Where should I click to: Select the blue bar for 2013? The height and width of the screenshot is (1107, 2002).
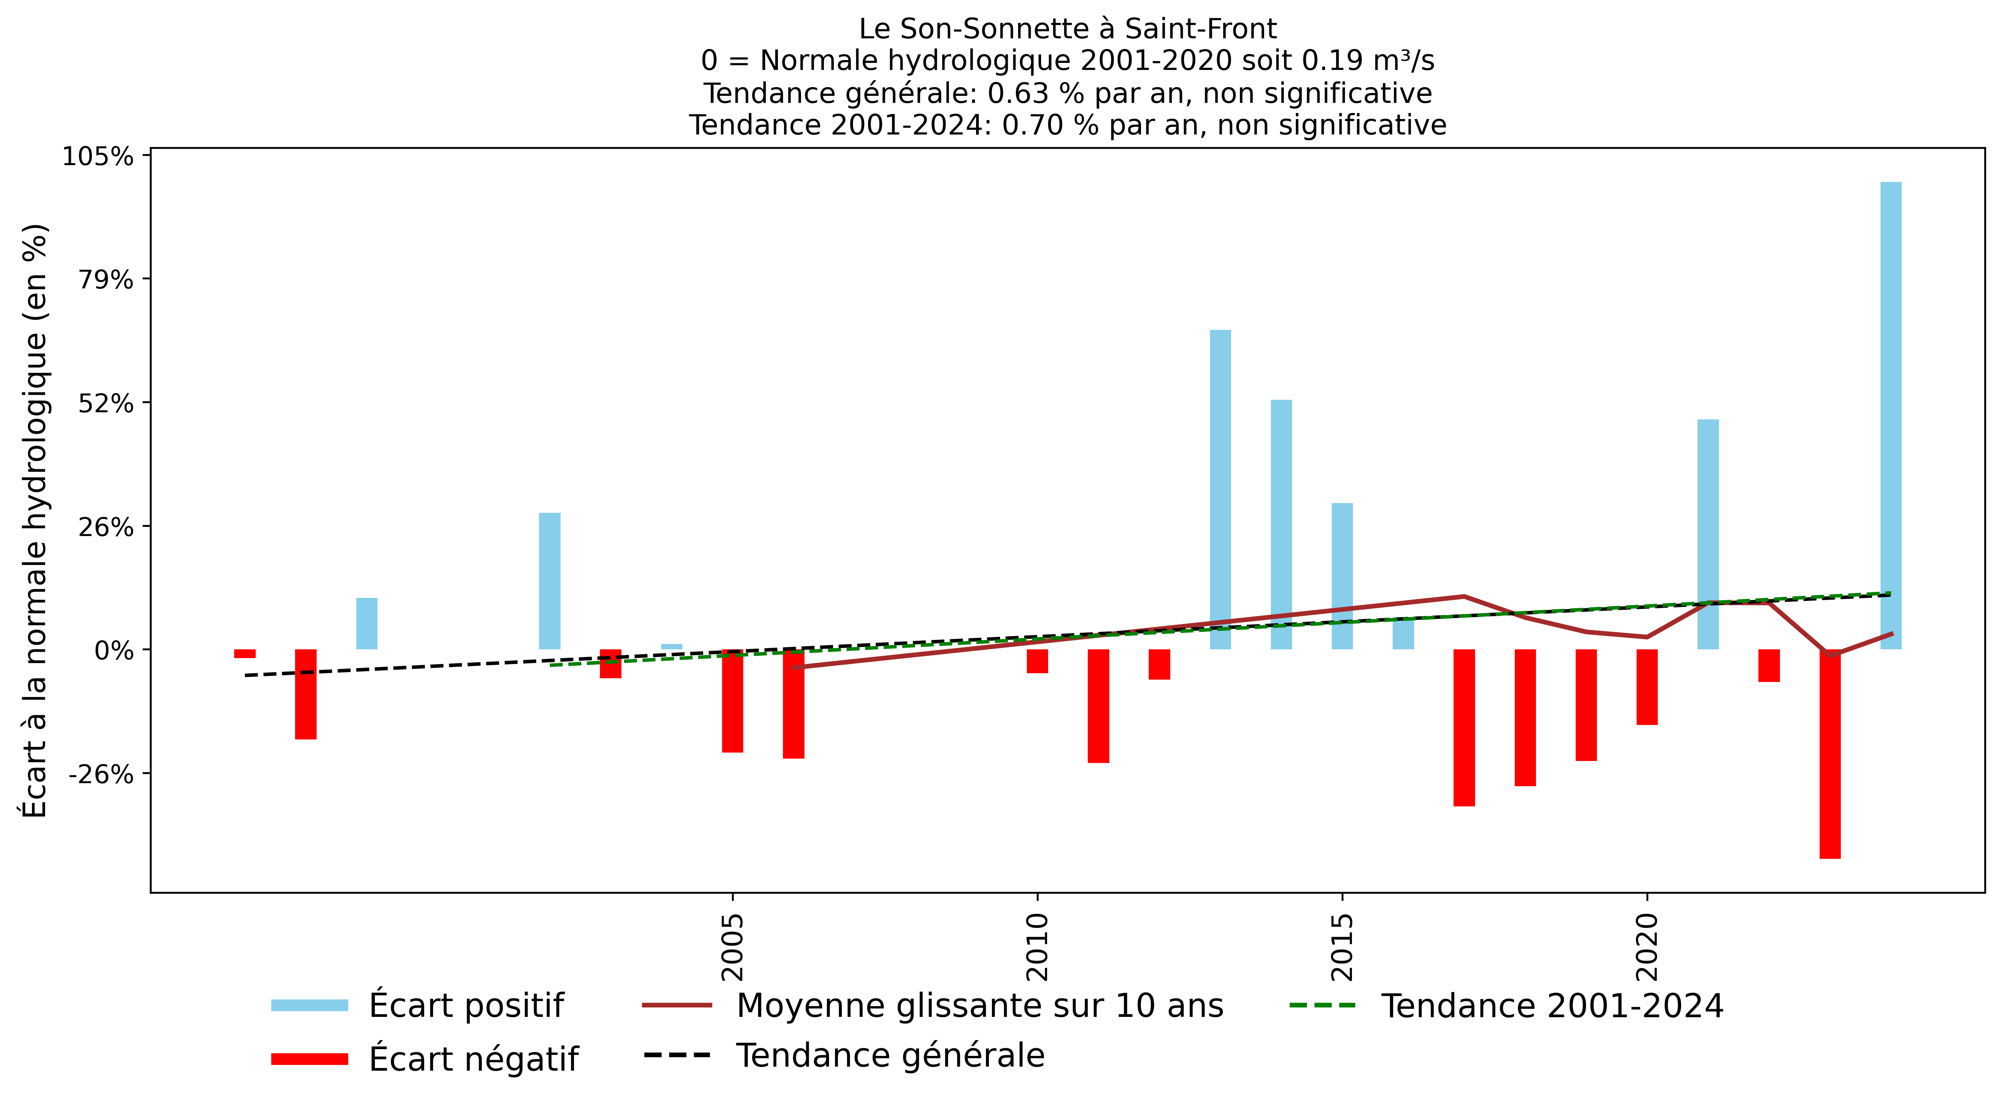pos(1220,489)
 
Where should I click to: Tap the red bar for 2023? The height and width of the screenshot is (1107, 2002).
pos(1829,754)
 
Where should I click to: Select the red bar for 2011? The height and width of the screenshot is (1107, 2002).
pos(1098,705)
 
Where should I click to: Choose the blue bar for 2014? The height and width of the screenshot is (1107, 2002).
pos(1281,524)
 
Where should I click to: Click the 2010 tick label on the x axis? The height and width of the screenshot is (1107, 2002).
pos(1038,946)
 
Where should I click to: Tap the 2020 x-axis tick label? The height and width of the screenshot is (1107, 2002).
pos(1647,946)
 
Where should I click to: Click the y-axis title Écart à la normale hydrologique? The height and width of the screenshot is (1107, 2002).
pos(35,521)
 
